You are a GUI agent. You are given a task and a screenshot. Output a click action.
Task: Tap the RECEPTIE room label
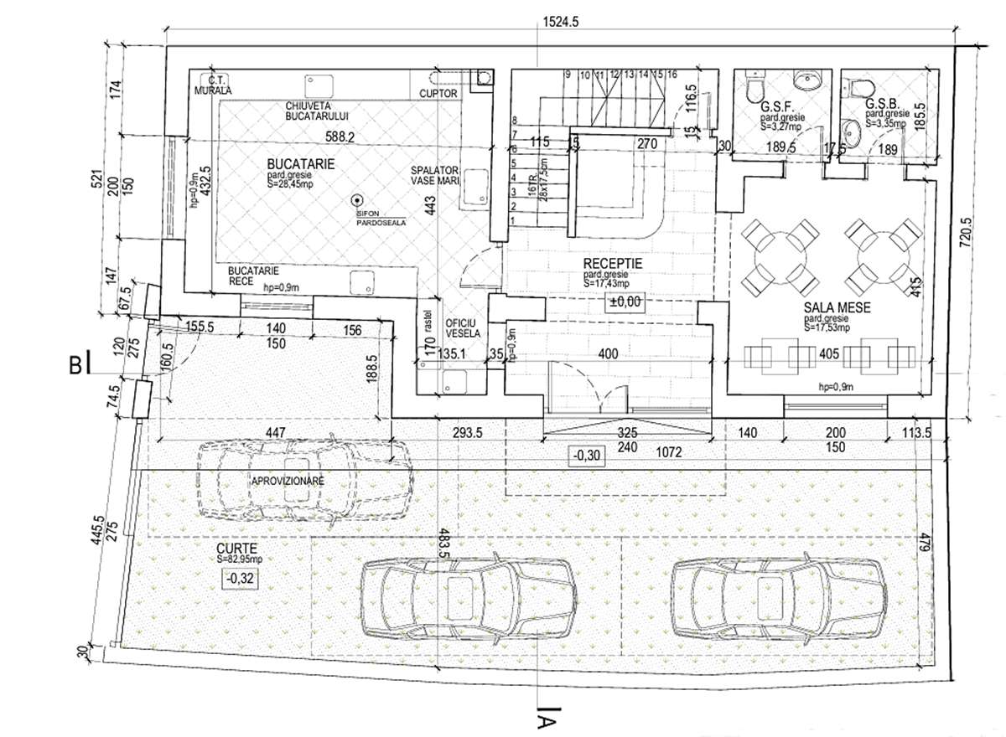(612, 262)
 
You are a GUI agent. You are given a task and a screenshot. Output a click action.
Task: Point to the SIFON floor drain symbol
(357, 201)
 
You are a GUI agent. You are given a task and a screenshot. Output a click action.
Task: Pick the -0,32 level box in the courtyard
(238, 578)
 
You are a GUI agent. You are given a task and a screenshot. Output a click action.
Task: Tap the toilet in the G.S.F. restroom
(756, 86)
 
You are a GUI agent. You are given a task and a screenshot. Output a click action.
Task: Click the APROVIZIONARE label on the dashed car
(288, 482)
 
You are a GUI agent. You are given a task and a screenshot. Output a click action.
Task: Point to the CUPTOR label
(438, 94)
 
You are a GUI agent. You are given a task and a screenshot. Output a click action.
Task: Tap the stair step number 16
(672, 75)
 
